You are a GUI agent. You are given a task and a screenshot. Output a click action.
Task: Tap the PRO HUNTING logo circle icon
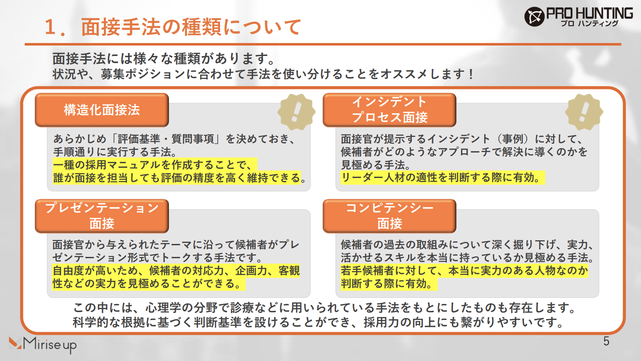pos(534,17)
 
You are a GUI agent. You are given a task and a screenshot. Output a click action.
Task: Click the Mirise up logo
pos(43,344)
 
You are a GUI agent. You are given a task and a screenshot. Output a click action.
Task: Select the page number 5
pos(606,341)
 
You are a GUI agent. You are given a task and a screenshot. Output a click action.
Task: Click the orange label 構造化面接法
pos(102,110)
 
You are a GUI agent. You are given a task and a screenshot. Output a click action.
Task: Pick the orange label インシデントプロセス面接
pos(389,110)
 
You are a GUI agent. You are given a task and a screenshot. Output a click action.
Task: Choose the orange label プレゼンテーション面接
pos(102,216)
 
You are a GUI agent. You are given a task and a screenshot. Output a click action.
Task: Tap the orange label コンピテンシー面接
pos(389,216)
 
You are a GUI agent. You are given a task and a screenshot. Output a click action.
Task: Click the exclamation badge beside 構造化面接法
pos(296,112)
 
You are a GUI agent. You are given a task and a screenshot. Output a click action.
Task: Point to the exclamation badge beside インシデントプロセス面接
pos(584,112)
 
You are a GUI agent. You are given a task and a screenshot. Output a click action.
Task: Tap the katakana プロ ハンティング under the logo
pos(589,24)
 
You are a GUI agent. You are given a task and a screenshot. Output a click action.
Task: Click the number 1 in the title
pos(50,28)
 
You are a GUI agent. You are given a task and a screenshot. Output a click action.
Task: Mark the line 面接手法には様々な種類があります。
pos(164,58)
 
